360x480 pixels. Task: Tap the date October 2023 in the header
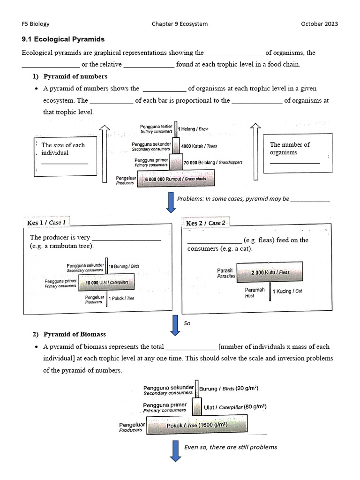[319, 24]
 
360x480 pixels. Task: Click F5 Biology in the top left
[36, 24]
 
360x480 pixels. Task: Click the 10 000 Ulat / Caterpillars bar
[106, 283]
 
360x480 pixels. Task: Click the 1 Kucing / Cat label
[287, 291]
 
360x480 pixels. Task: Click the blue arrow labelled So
[175, 325]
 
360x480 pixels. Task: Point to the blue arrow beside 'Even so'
[175, 451]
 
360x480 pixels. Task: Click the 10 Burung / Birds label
[124, 266]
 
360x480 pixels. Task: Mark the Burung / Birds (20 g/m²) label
[229, 389]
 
